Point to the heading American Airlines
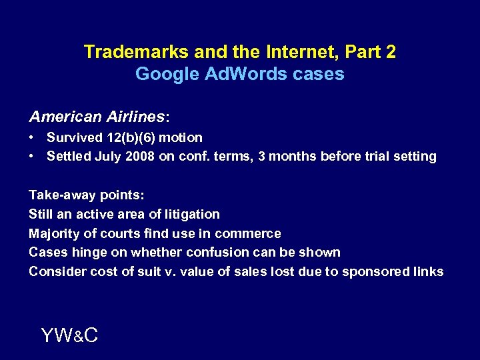[x=99, y=117]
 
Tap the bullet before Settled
[x=32, y=157]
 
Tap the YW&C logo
[x=69, y=335]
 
